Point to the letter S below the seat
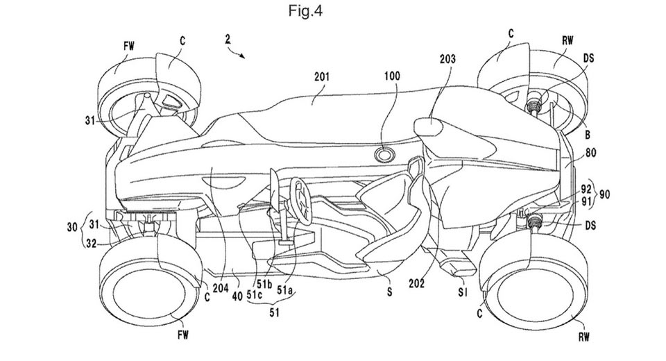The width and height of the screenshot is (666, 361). pyautogui.click(x=389, y=293)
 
